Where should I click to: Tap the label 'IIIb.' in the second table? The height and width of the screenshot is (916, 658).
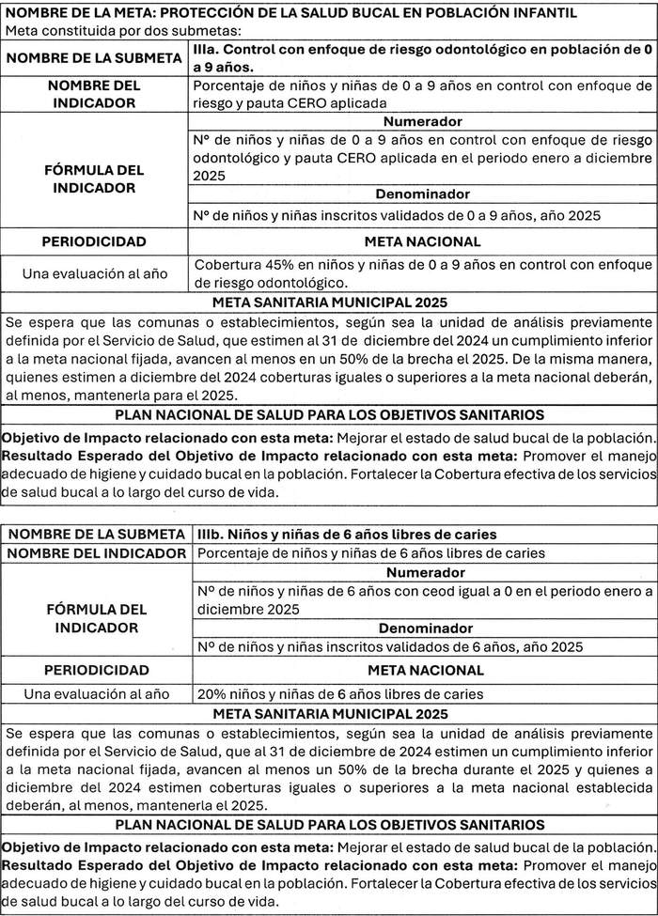[x=212, y=535]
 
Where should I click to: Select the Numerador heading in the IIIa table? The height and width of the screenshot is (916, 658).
[x=422, y=122]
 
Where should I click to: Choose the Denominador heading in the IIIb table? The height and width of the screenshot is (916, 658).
[x=422, y=629]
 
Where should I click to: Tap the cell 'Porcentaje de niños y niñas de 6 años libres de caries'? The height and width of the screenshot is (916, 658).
[x=370, y=553]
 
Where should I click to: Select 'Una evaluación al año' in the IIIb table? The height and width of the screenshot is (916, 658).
[x=96, y=693]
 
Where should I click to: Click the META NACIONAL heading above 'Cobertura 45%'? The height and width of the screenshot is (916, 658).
[x=422, y=241]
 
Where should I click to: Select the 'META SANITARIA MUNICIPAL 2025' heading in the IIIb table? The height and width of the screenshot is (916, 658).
[x=329, y=714]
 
